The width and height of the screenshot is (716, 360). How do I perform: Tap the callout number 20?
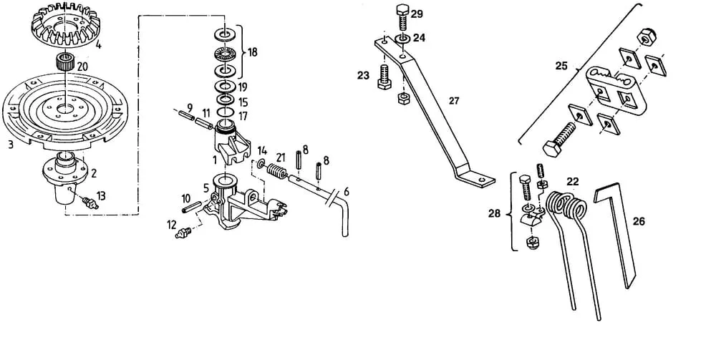click(x=82, y=67)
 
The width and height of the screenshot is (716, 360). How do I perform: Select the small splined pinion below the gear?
click(x=65, y=61)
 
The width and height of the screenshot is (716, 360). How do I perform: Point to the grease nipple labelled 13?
click(x=89, y=201)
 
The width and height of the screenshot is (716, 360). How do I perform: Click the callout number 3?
click(x=11, y=145)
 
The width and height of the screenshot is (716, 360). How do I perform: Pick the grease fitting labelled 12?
click(x=183, y=232)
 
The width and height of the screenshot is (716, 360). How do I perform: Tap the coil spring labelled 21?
click(x=276, y=171)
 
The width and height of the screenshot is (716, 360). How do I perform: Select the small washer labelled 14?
click(x=260, y=165)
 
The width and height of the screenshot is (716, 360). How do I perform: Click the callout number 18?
click(x=252, y=52)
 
